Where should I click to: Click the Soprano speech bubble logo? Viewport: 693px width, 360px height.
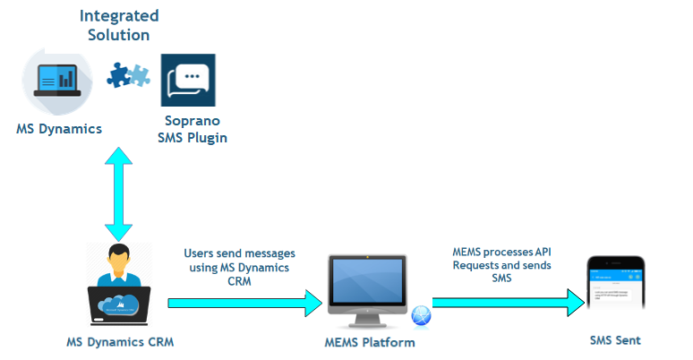188,81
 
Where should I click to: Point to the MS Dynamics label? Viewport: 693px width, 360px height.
59,128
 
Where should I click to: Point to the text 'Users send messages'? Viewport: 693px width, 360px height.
239,254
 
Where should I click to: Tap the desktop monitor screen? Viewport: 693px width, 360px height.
368,280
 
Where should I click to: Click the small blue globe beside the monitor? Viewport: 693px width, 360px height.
421,316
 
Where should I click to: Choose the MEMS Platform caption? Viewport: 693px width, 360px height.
370,342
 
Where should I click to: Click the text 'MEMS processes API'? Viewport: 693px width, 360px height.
500,253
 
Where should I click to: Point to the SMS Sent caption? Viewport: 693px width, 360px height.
615,340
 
